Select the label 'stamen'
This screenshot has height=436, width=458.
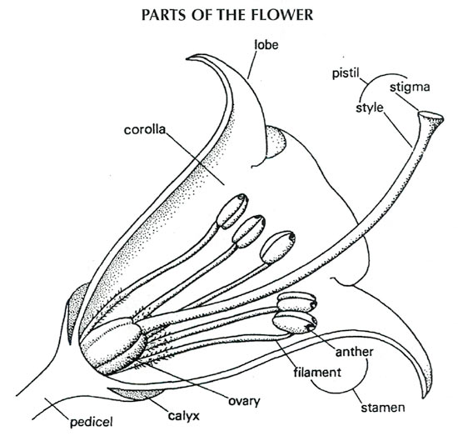(384, 408)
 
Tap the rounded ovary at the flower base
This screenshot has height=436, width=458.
(111, 346)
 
